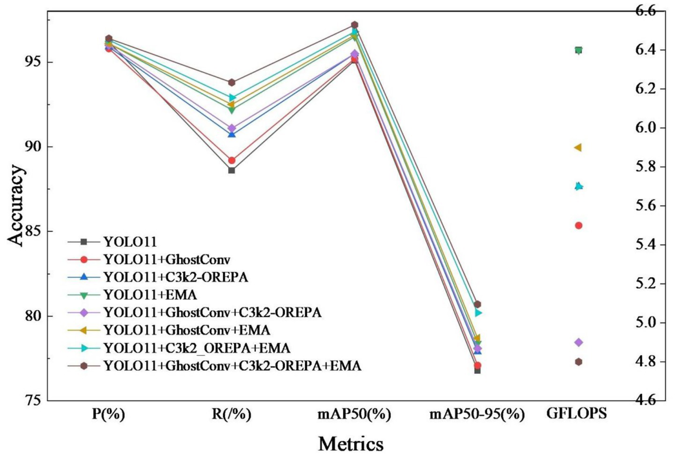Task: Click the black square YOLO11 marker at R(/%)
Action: click(x=231, y=170)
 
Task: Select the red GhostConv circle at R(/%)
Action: click(x=231, y=160)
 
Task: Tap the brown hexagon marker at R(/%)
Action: click(x=231, y=82)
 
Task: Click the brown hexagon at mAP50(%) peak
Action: click(x=355, y=25)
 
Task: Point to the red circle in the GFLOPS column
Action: click(x=579, y=225)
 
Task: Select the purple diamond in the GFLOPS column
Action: click(x=579, y=343)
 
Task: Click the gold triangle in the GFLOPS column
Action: click(x=578, y=148)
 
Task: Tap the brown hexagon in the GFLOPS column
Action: click(x=579, y=362)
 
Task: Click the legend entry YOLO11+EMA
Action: click(x=150, y=295)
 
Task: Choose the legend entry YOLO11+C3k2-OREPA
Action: click(x=176, y=277)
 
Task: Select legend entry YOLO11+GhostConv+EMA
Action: click(x=186, y=330)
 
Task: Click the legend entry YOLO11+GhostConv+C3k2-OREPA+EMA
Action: click(x=232, y=365)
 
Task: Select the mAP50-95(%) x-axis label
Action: click(x=477, y=414)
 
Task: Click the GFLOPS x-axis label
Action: click(x=577, y=413)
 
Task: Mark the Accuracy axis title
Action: click(x=15, y=205)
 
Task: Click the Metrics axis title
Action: click(x=350, y=443)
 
